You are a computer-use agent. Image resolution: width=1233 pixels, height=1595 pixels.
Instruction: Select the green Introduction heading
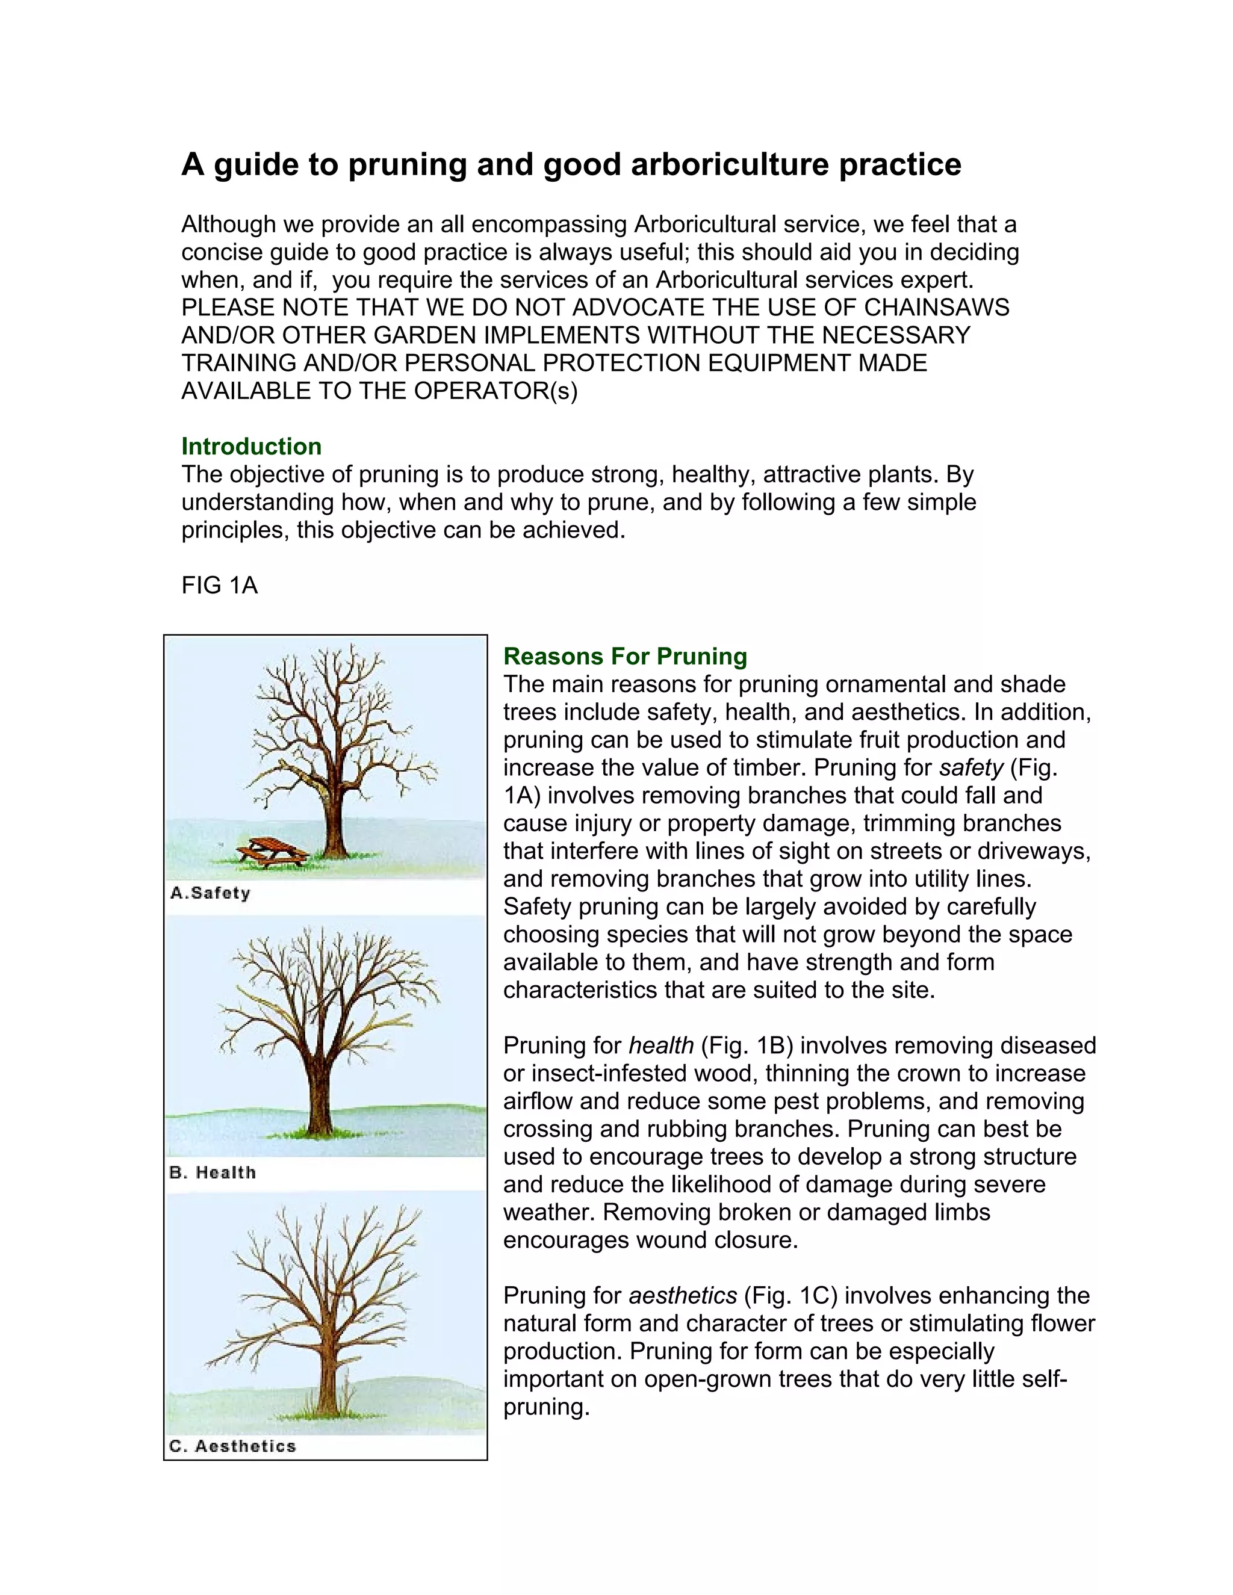251,446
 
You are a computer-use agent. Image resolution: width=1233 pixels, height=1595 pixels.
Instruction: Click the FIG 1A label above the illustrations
219,585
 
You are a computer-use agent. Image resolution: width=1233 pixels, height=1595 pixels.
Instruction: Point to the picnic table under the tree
270,852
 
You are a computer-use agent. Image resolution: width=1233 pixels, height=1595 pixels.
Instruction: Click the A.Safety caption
210,893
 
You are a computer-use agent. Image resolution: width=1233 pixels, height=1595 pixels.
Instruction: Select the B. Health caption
213,1172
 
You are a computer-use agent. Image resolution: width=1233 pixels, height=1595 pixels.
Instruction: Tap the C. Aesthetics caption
232,1446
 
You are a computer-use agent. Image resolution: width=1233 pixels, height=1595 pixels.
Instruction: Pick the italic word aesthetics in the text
683,1296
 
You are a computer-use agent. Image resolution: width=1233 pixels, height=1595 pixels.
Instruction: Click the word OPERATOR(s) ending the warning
495,391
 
